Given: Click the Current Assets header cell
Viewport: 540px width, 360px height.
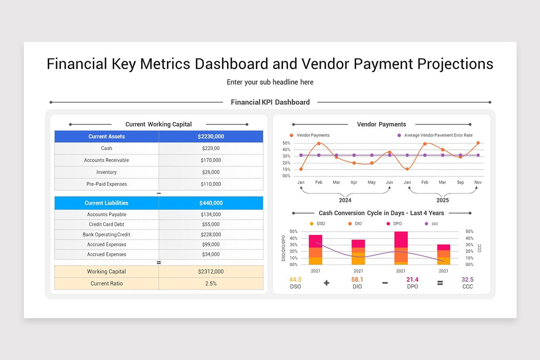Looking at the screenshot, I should tap(107, 137).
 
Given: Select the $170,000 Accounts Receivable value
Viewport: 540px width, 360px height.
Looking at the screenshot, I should tap(211, 160).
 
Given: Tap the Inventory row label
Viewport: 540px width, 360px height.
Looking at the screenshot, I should tap(106, 172).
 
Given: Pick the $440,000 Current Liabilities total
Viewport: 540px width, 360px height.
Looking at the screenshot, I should tap(211, 203).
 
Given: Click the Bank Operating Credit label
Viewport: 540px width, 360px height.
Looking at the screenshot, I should tap(106, 235).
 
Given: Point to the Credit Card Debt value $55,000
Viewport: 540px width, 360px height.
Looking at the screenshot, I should tap(211, 225).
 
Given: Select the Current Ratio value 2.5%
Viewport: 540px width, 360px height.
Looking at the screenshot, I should tap(211, 283).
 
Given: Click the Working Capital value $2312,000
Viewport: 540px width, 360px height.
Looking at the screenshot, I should tap(211, 272).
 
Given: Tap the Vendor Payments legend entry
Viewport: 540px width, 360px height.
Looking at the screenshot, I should tap(312, 135).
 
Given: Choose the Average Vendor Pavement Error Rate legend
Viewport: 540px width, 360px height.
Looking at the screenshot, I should tap(438, 135).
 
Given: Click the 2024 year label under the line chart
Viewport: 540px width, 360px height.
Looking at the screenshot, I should tap(345, 200).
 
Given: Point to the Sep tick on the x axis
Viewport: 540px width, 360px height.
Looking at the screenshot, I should tap(460, 183).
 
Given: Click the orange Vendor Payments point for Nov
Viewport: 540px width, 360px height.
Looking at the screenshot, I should tap(478, 143).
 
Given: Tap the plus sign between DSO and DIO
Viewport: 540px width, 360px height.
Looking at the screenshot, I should tap(326, 283).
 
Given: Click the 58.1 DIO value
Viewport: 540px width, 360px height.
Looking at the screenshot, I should tap(357, 280).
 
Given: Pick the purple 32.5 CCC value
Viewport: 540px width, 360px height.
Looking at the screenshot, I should tap(468, 280).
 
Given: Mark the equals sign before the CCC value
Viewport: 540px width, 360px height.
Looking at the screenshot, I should tap(440, 283).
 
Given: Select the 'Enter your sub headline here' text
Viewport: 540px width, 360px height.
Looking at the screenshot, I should tap(270, 82).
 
